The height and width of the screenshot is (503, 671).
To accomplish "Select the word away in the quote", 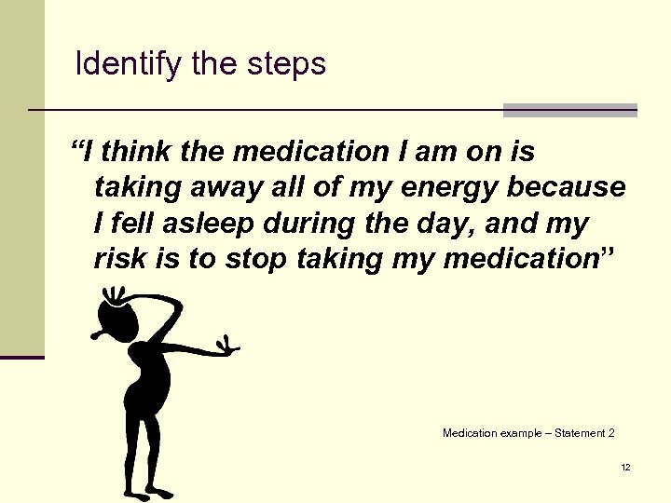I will pos(242,187).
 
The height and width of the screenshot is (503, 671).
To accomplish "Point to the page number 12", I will pos(625,467).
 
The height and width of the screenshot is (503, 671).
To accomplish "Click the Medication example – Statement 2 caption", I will pos(528,433).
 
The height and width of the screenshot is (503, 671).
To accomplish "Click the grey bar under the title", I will pos(569,110).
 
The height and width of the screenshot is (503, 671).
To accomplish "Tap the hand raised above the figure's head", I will pos(113,296).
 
